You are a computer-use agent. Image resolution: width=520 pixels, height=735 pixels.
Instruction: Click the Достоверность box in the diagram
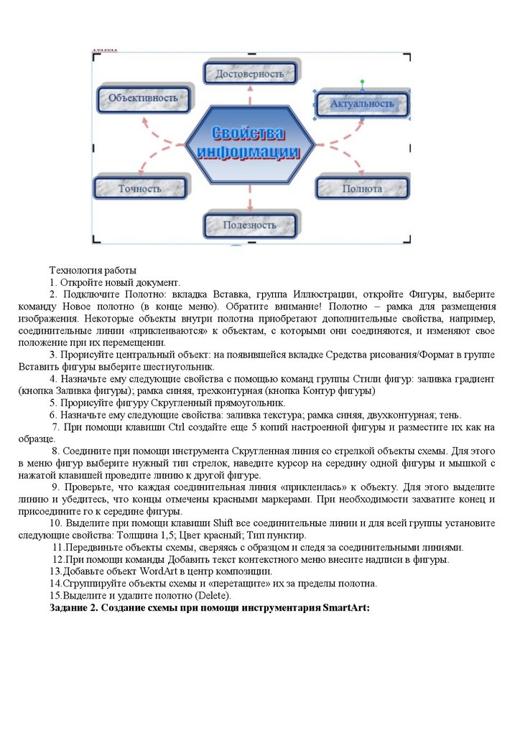(249, 73)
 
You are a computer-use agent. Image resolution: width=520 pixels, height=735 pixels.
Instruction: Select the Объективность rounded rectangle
(144, 98)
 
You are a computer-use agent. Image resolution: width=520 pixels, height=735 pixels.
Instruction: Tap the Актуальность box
(362, 104)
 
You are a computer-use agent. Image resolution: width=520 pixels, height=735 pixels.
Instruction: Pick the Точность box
(140, 189)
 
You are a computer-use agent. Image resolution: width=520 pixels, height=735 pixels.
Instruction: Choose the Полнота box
(362, 189)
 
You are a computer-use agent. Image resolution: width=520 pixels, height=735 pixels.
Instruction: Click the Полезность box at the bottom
(249, 225)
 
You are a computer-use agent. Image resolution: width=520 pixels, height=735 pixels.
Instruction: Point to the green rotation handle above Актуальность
(362, 82)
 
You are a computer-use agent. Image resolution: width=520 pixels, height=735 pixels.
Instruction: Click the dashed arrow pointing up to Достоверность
(250, 94)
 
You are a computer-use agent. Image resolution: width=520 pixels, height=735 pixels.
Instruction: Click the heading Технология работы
(92, 271)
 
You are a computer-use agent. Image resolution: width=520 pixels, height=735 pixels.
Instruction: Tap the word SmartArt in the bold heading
(345, 608)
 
